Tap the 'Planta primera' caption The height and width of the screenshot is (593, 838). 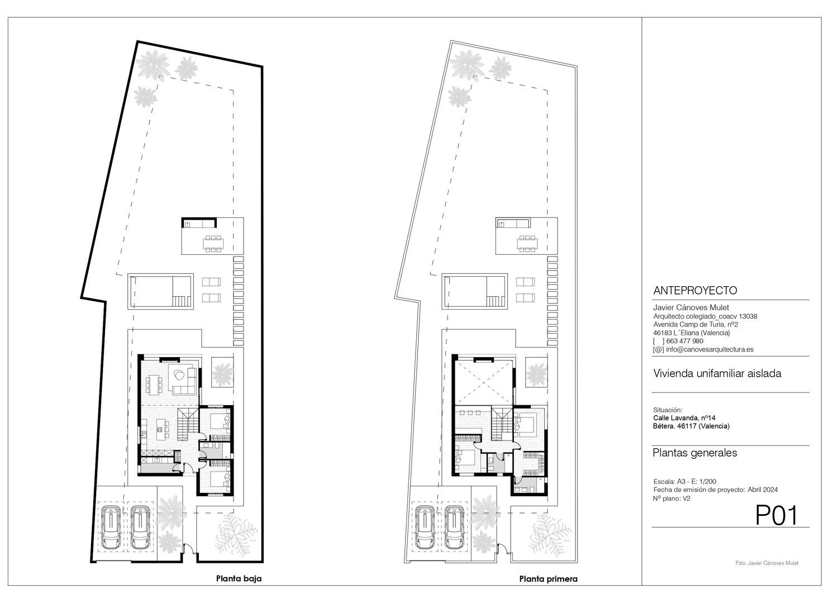[x=548, y=579]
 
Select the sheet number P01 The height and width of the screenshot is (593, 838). [x=777, y=515]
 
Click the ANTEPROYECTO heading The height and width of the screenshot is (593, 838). [x=695, y=290]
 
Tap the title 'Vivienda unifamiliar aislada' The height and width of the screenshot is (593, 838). [x=717, y=373]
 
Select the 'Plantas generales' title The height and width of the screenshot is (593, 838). [x=695, y=453]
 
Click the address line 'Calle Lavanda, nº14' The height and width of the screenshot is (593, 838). [x=684, y=418]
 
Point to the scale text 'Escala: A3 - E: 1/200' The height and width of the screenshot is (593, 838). [x=684, y=481]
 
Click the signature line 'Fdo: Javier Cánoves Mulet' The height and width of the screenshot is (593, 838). [x=766, y=563]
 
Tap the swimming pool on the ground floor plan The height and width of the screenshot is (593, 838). [x=160, y=291]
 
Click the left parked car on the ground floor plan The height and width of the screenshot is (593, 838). [x=111, y=528]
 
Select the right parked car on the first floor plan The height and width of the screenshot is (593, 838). [x=455, y=528]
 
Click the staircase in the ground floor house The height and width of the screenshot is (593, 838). [x=188, y=424]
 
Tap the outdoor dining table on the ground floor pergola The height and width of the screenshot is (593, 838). [x=213, y=244]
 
